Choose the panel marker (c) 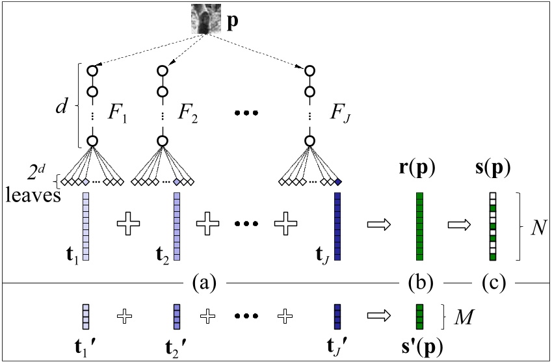pyautogui.click(x=493, y=284)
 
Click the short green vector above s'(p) pyautogui.click(x=419, y=316)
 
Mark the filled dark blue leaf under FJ pyautogui.click(x=338, y=183)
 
